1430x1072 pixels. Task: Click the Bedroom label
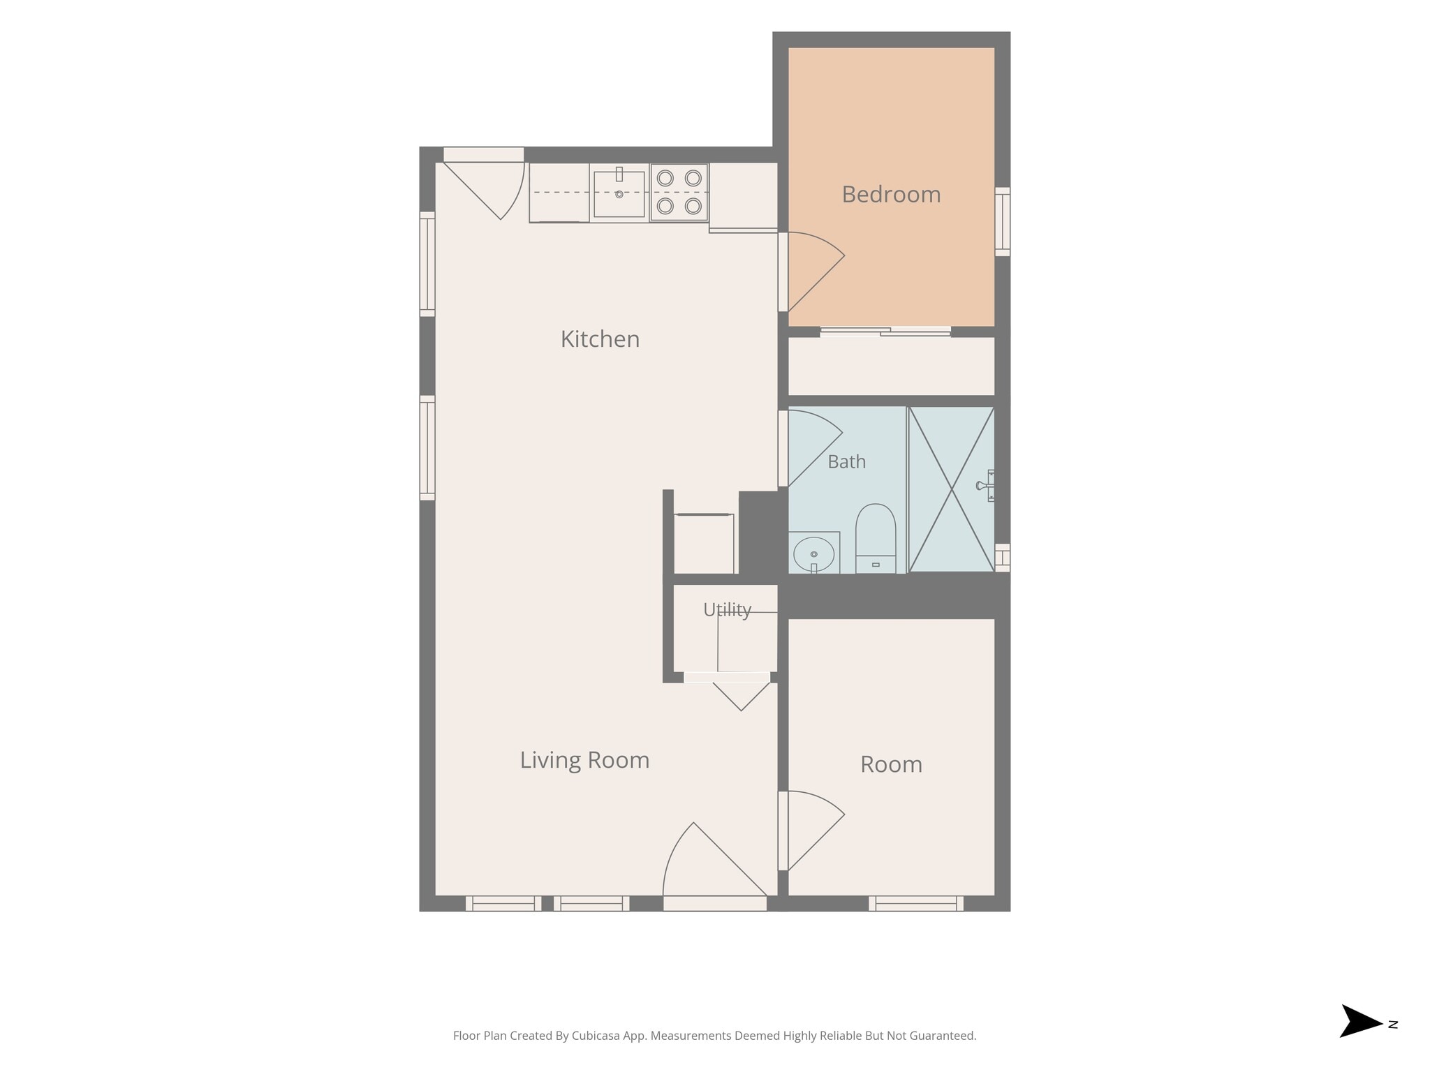tap(891, 195)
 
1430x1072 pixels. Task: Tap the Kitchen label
tap(600, 339)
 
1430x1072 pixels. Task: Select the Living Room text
tap(584, 760)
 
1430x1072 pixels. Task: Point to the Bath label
tap(846, 462)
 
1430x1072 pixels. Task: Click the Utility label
tap(727, 610)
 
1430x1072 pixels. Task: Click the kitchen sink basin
tap(619, 193)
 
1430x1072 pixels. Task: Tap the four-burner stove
tap(679, 192)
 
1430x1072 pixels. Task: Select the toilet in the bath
tap(876, 538)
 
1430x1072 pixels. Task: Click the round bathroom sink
tap(814, 554)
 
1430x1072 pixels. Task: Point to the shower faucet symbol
tap(985, 485)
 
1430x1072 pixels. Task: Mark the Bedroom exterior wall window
tap(1002, 221)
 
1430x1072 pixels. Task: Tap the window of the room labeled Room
tap(916, 903)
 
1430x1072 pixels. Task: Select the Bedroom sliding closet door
tap(885, 332)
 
